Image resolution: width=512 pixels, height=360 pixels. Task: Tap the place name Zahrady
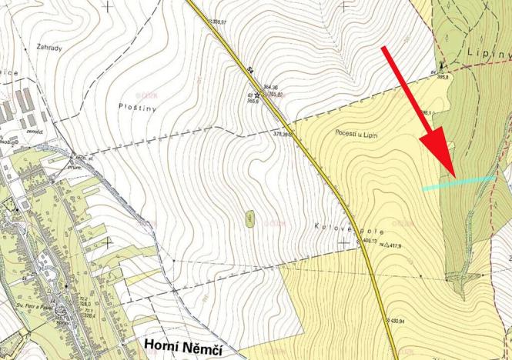49,47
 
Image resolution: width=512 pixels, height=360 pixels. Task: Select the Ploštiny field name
138,107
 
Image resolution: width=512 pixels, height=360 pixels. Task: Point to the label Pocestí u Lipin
360,133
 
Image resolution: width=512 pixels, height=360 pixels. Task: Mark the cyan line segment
459,183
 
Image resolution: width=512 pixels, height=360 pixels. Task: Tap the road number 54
250,69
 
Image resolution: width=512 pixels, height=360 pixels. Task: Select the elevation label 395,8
443,78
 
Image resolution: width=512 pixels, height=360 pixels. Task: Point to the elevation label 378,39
282,134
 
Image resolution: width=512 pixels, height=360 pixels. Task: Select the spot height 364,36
270,87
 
